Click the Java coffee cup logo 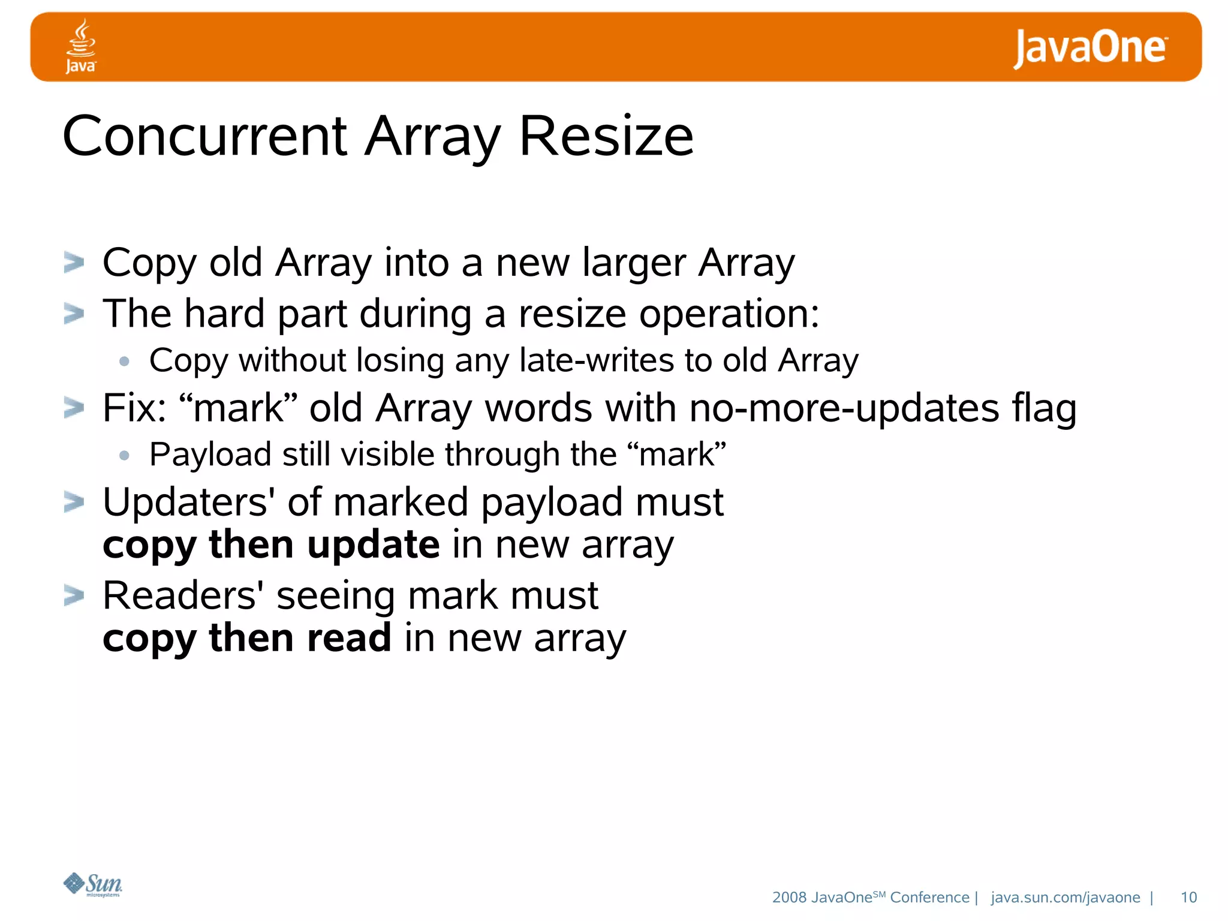click(80, 46)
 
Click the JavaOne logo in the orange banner click(1089, 48)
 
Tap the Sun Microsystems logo click(93, 884)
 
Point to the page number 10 click(1188, 897)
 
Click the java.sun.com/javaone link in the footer click(1065, 897)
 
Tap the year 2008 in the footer click(789, 897)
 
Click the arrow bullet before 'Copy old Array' click(74, 263)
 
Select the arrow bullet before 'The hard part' click(74, 314)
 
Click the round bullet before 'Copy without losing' click(124, 361)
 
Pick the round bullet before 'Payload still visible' click(124, 456)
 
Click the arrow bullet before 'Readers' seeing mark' click(74, 596)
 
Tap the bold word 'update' click(374, 544)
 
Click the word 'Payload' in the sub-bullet click(210, 455)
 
